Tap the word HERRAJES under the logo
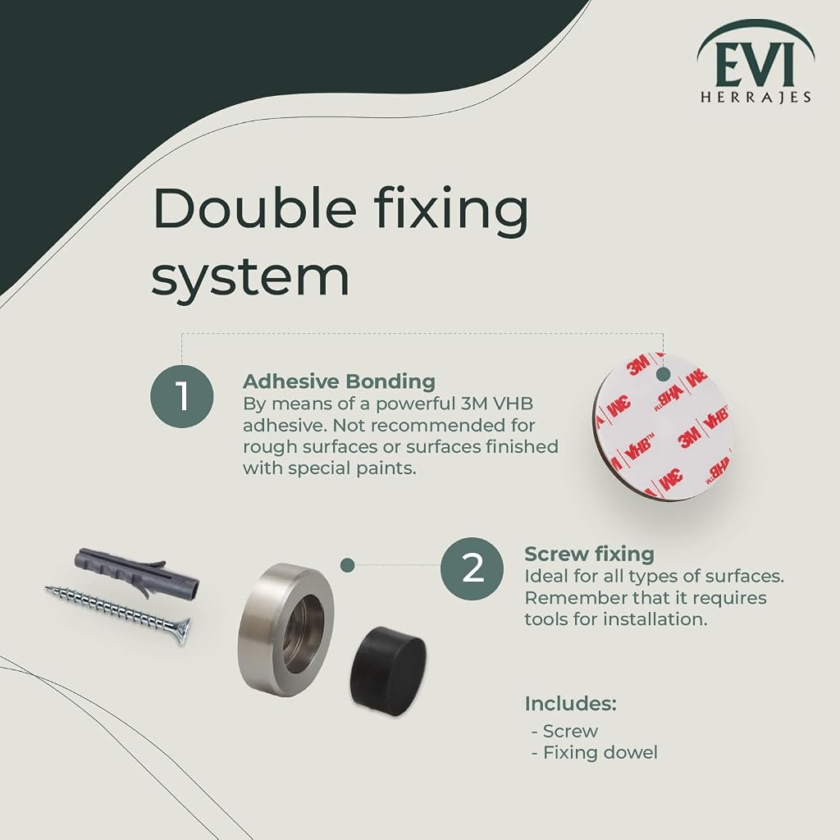(756, 97)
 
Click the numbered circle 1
(182, 396)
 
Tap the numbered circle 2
(472, 569)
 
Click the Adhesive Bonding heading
(339, 381)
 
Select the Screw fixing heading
(589, 554)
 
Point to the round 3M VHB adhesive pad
(662, 427)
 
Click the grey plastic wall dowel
(137, 571)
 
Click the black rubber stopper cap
(388, 671)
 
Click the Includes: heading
(571, 703)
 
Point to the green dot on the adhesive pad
(663, 374)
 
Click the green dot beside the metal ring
(348, 564)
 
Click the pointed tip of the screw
(46, 589)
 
